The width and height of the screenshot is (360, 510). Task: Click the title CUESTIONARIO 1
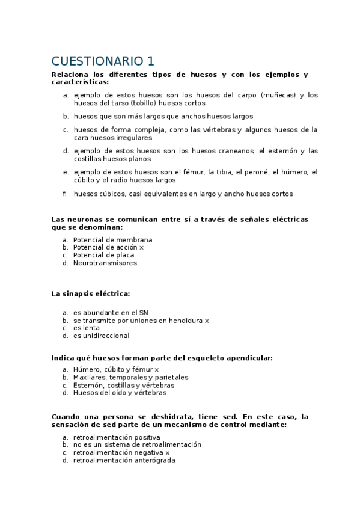tap(103, 61)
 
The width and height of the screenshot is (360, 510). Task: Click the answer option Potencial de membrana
tap(112, 239)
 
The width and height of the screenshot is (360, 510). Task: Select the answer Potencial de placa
tap(104, 255)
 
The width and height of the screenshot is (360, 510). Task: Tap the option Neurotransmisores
tap(105, 263)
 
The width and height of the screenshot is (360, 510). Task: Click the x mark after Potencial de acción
tap(142, 247)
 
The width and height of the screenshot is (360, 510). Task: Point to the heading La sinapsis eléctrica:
tap(91, 293)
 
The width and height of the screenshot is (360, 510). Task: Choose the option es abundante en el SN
tap(111, 312)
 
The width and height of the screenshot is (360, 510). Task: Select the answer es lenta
tap(87, 328)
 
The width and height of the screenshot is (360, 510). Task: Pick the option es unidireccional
tap(101, 336)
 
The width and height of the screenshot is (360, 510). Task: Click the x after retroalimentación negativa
tap(168, 452)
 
